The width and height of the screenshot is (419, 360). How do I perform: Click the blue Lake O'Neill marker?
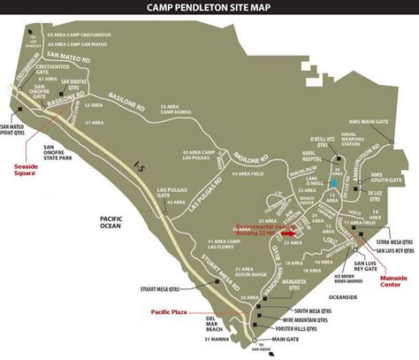331,185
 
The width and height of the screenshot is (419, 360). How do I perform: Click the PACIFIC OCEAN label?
115,221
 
